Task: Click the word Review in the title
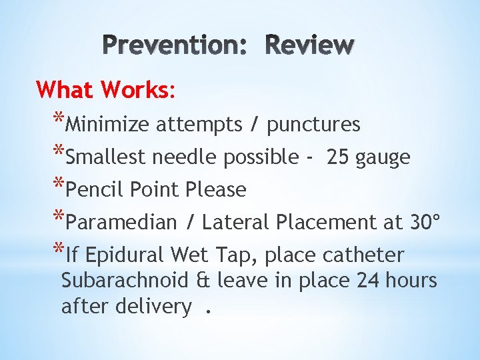click(x=309, y=45)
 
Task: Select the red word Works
click(x=136, y=89)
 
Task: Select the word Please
click(x=216, y=190)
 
